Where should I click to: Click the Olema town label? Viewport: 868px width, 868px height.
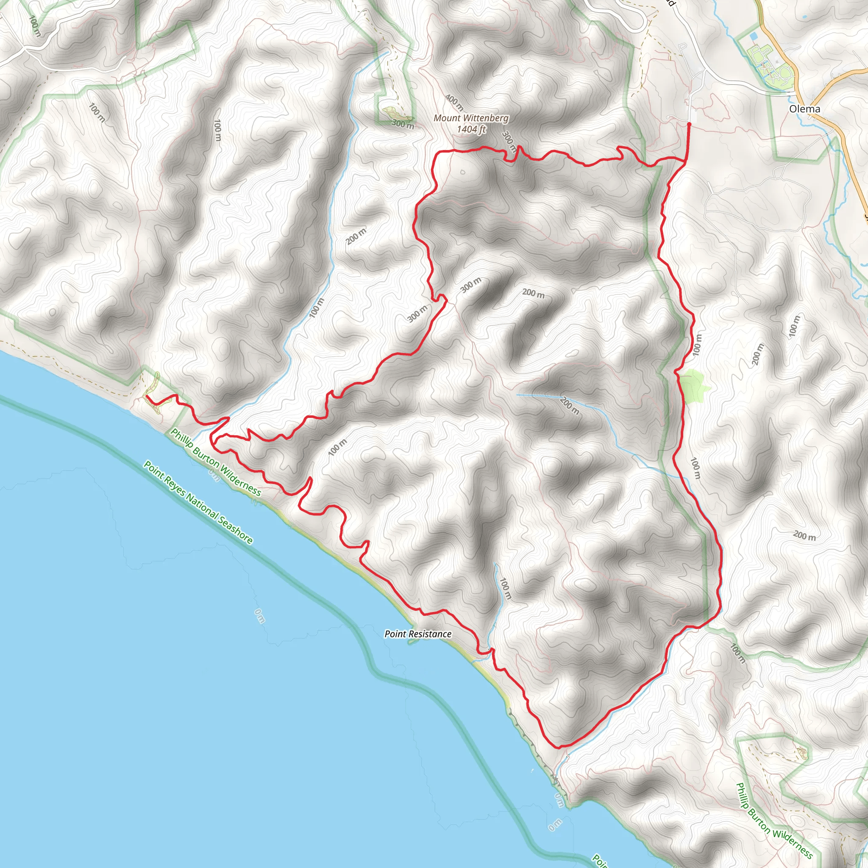(804, 109)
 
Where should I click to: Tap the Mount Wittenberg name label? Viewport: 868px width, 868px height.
(471, 118)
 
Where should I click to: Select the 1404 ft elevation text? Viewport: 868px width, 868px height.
(471, 129)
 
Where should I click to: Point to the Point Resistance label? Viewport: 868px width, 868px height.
(418, 634)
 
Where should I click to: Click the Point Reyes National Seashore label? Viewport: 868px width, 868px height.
(198, 502)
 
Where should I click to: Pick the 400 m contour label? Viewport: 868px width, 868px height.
(454, 103)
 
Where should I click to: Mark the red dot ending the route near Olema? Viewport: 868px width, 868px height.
(689, 123)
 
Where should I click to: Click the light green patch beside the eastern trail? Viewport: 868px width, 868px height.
(693, 386)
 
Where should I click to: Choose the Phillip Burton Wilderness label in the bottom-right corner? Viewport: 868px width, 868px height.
(773, 820)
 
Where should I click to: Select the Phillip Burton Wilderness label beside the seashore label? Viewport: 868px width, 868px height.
(215, 462)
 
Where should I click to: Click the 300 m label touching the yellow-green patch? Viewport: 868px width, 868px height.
(403, 124)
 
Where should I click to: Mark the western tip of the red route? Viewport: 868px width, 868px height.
(147, 396)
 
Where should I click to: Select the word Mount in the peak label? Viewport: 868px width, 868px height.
(447, 118)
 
